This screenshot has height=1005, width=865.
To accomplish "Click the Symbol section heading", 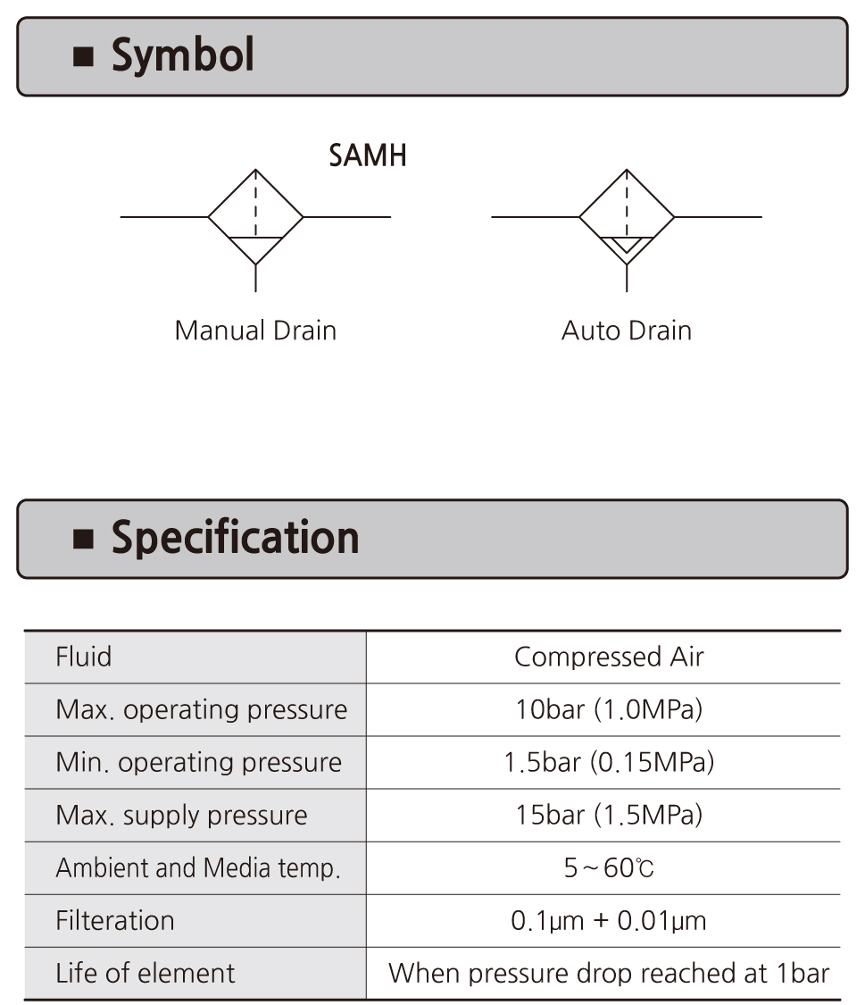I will pyautogui.click(x=182, y=55).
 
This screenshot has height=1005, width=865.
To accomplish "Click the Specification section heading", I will pyautogui.click(x=235, y=538).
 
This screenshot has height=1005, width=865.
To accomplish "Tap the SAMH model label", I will pyautogui.click(x=368, y=155).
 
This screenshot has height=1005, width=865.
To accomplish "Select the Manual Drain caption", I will pyautogui.click(x=255, y=331).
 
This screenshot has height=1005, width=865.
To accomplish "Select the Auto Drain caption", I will pyautogui.click(x=627, y=331).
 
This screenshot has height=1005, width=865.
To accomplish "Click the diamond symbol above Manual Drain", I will pyautogui.click(x=256, y=216).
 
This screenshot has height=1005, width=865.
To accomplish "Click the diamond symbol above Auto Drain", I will pyautogui.click(x=627, y=216).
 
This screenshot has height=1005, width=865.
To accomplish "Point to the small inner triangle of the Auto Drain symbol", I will pyautogui.click(x=627, y=244).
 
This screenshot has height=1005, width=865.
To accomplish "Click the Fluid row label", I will pyautogui.click(x=84, y=657).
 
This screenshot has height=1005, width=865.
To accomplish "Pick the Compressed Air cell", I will pyautogui.click(x=609, y=657).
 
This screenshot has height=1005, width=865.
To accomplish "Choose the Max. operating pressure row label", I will pyautogui.click(x=201, y=710).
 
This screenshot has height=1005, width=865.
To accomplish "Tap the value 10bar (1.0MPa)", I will pyautogui.click(x=609, y=710).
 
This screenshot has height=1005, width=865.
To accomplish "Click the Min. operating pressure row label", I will pyautogui.click(x=198, y=763).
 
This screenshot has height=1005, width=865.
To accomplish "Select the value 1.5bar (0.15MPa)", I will pyautogui.click(x=609, y=763).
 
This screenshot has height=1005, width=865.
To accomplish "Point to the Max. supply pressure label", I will pyautogui.click(x=181, y=816).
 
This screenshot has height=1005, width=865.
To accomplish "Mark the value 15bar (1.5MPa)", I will pyautogui.click(x=609, y=816).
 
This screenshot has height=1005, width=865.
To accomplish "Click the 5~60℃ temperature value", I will pyautogui.click(x=609, y=868).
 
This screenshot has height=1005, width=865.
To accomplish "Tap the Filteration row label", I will pyautogui.click(x=115, y=921).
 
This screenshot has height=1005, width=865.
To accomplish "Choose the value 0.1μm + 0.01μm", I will pyautogui.click(x=609, y=921).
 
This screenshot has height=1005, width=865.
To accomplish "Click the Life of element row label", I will pyautogui.click(x=146, y=974).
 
